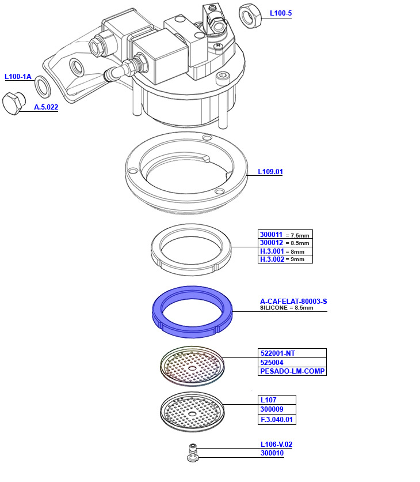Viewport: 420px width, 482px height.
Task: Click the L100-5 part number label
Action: point(280,13)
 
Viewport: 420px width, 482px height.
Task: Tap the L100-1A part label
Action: point(18,77)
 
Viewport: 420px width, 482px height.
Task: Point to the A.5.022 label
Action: point(46,107)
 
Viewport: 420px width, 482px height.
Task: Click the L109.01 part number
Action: point(270,172)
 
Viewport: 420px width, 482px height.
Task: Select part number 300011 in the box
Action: point(272,235)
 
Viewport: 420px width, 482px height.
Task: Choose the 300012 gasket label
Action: point(272,243)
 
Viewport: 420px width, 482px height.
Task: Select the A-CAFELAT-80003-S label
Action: point(293,302)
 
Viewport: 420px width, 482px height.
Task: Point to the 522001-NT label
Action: point(278,353)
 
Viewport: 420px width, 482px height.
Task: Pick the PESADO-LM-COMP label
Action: point(292,371)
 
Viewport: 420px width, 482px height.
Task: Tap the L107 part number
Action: point(269,400)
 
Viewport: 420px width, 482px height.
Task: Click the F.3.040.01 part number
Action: point(278,420)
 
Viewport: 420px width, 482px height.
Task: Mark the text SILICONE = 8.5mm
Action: point(287,308)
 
